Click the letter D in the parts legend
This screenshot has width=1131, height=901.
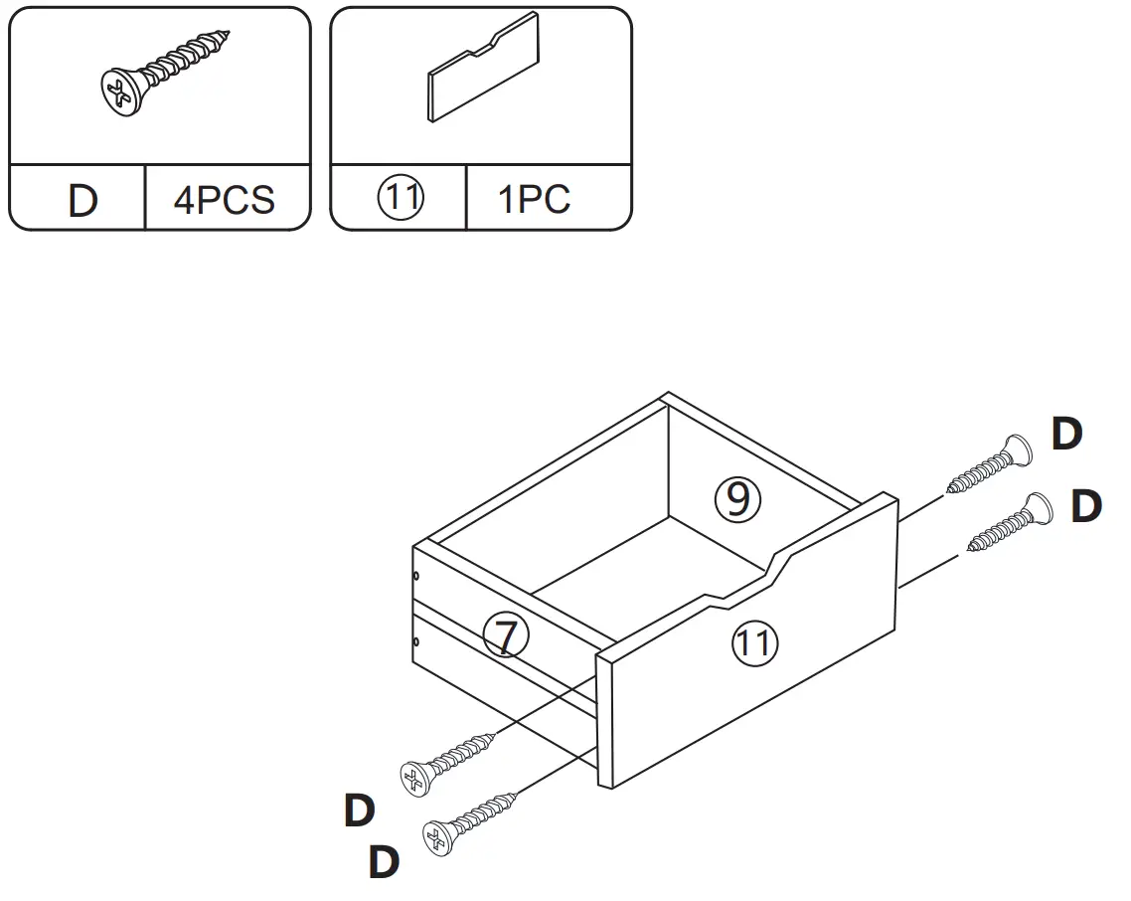coord(82,201)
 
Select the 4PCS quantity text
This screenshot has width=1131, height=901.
coord(224,200)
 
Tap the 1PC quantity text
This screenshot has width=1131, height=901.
coord(535,200)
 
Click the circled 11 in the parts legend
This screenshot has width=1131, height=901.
coord(402,199)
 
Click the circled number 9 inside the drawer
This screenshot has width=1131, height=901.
coord(737,499)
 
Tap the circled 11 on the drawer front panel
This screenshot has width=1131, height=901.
coord(754,643)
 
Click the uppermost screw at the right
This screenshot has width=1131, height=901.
coord(991,463)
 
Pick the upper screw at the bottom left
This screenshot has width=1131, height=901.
coord(447,760)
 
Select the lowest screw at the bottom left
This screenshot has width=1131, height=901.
coord(471,821)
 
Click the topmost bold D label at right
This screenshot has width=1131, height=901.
coord(1066,435)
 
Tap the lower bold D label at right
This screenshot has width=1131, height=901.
coord(1086,506)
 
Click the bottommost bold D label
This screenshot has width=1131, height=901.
coord(384,862)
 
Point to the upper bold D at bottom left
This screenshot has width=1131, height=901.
coord(359,811)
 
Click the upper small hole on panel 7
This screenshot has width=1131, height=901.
coord(416,575)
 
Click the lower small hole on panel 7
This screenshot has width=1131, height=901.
coord(416,642)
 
